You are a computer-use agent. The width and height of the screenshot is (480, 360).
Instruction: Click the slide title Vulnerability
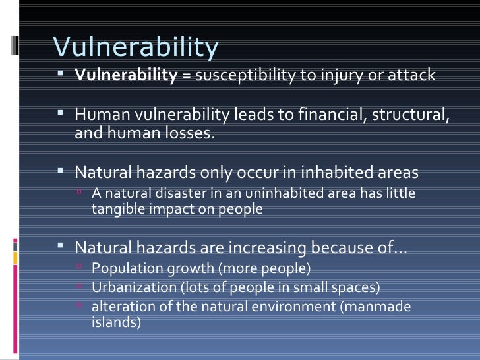[x=135, y=47]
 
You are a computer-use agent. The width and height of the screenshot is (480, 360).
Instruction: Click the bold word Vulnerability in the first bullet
[x=126, y=75]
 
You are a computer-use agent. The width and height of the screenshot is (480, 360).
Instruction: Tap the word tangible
[x=116, y=210]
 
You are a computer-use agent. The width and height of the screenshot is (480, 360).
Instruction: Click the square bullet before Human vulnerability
[x=59, y=114]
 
